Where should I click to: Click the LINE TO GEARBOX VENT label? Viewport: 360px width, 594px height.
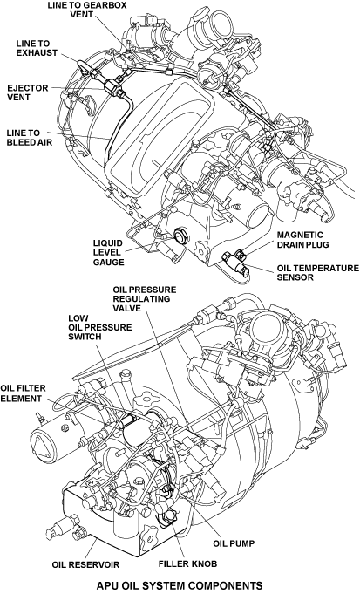point(86,10)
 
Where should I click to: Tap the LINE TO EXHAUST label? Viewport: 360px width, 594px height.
point(37,48)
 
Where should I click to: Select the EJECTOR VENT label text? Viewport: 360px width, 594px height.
point(28,92)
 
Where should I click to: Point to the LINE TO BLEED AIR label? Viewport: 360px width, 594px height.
point(30,138)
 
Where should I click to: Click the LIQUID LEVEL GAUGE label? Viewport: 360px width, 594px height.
point(109,252)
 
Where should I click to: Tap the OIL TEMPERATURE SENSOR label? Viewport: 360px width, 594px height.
point(317,272)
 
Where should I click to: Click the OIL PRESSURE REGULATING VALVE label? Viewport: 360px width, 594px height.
point(144,299)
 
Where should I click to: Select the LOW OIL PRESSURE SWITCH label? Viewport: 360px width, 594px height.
point(100,327)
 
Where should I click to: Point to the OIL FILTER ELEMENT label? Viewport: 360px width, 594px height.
point(23,393)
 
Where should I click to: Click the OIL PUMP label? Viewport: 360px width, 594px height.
point(234,543)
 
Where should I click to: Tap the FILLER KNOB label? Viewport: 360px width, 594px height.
point(187,563)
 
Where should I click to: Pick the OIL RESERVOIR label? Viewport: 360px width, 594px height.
point(85,564)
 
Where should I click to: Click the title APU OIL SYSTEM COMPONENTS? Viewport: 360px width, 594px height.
point(180,585)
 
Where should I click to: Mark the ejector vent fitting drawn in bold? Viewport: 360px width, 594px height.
point(113,86)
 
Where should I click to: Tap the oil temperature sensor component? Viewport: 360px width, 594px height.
point(232,262)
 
